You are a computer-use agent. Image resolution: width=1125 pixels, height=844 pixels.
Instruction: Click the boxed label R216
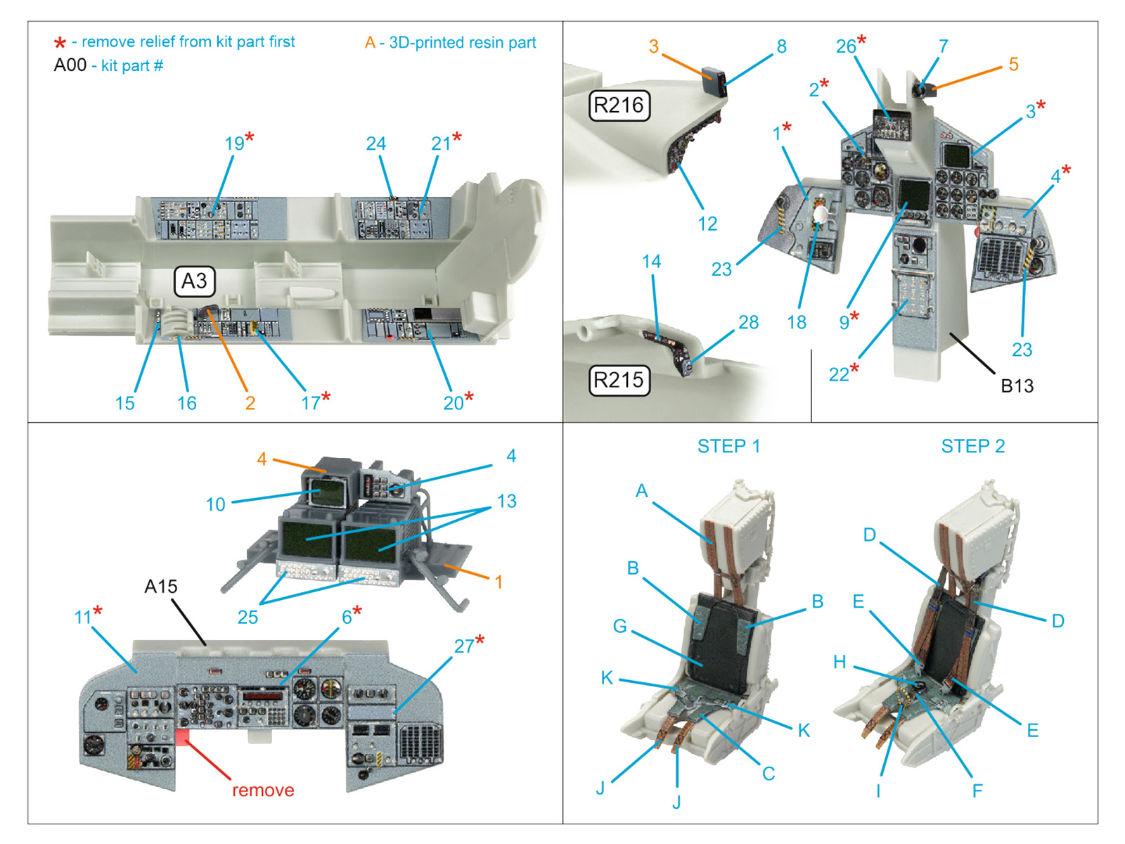619,105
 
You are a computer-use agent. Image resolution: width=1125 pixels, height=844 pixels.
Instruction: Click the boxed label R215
619,380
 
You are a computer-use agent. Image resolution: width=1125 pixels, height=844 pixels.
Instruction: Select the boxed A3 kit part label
194,281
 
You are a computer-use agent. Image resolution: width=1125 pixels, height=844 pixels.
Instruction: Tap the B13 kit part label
1017,386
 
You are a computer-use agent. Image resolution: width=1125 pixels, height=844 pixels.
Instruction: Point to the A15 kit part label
161,587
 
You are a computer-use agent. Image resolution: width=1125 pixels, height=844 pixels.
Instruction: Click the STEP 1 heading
728,447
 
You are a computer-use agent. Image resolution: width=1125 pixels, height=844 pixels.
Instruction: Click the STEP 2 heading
973,447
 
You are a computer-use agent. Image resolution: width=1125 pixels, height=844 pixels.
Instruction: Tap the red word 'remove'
263,791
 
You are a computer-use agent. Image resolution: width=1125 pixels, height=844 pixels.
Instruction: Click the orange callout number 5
1013,65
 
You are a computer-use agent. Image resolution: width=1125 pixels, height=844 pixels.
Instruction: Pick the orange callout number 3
654,46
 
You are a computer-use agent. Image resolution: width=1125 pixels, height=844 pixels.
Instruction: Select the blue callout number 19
234,143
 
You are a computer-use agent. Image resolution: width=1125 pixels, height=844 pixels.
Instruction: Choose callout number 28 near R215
748,322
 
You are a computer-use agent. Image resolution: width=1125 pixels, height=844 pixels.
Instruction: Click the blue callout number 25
247,618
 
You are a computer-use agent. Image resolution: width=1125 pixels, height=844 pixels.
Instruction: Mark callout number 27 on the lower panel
464,646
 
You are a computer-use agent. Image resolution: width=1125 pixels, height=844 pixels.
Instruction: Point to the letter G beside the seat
619,626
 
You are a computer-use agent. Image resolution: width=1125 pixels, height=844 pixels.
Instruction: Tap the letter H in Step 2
840,662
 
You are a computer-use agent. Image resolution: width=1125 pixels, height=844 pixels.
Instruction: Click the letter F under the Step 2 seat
977,791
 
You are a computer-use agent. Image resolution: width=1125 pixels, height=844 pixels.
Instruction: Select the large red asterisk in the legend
60,44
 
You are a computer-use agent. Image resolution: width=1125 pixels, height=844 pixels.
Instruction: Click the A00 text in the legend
70,65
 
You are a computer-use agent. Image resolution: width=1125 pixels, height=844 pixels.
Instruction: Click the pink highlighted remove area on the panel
182,736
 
